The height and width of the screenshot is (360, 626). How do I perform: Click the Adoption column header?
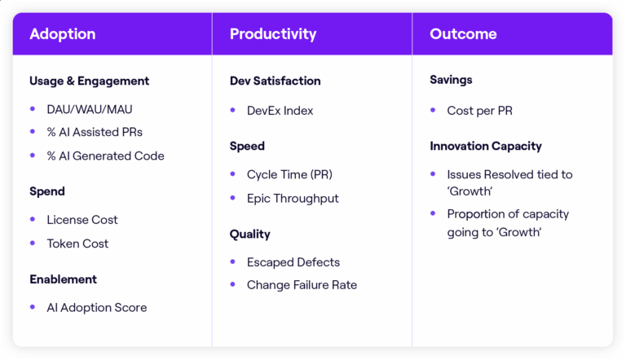(63, 34)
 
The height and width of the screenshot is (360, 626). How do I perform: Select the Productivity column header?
(273, 34)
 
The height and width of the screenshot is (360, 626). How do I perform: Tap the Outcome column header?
(463, 34)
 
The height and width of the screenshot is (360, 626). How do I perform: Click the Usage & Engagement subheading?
(89, 81)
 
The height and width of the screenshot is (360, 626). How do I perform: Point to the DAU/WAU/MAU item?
(90, 109)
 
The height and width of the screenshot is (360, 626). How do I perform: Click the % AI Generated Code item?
(105, 156)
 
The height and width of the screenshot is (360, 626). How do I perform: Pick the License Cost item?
(82, 220)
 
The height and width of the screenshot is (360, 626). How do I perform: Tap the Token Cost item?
(77, 244)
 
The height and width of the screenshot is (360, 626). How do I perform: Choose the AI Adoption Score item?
(97, 308)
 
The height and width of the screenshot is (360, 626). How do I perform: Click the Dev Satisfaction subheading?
(275, 81)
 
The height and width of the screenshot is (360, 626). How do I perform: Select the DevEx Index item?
(280, 111)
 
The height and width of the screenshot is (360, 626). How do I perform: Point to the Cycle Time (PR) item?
(289, 174)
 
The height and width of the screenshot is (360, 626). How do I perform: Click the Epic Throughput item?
(293, 198)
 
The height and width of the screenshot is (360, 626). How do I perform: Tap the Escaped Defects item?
(293, 262)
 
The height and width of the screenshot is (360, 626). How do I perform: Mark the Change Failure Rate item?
(302, 285)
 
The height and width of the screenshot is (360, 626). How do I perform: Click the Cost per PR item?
(479, 111)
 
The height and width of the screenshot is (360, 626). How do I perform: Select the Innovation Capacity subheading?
(486, 146)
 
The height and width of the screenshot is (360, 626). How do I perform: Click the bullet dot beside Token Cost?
(33, 244)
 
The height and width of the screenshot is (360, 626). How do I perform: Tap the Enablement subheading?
(63, 279)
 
